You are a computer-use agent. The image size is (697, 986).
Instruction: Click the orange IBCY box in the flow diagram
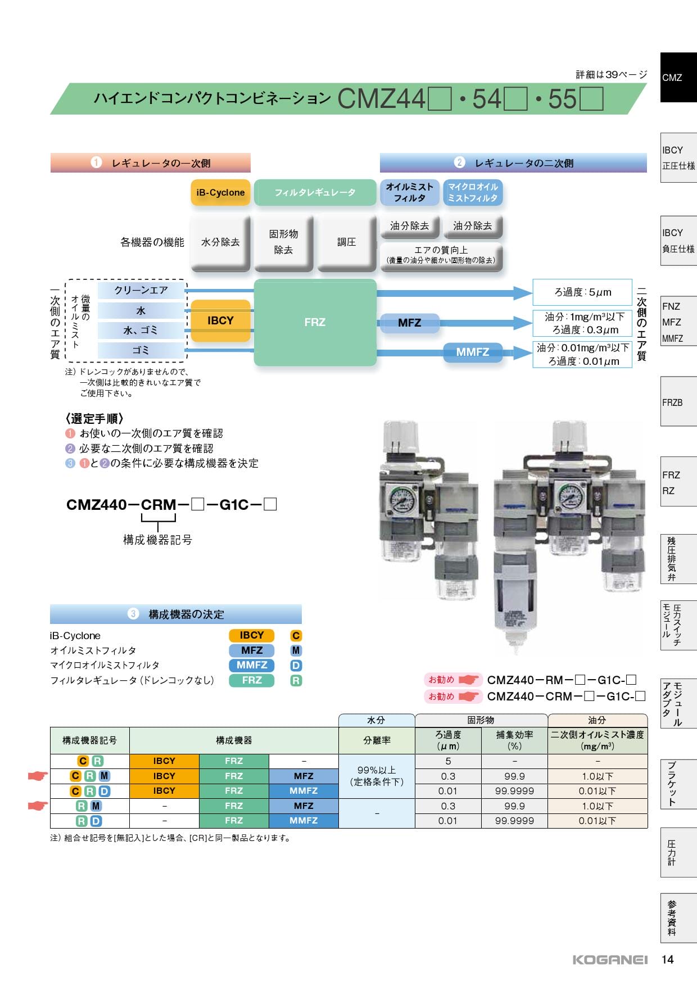pyautogui.click(x=220, y=320)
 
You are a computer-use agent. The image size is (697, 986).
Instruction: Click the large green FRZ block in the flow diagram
pyautogui.click(x=315, y=322)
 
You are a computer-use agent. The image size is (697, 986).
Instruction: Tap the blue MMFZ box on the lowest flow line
pyautogui.click(x=472, y=352)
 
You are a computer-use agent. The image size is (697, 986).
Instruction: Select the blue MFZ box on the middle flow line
pyautogui.click(x=409, y=323)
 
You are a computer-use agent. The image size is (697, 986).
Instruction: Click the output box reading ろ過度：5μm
pyautogui.click(x=582, y=292)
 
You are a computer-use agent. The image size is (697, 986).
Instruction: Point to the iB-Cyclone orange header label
pyautogui.click(x=220, y=192)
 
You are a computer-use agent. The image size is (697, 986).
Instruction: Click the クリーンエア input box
pyautogui.click(x=141, y=290)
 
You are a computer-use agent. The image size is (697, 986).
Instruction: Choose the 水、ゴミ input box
pyautogui.click(x=141, y=330)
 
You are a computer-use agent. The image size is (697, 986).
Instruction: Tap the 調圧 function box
pyautogui.click(x=346, y=242)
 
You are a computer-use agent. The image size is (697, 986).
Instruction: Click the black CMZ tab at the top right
pyautogui.click(x=678, y=78)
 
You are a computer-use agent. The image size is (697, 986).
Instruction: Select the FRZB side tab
pyautogui.click(x=678, y=402)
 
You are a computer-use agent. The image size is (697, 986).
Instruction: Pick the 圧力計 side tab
pyautogui.click(x=678, y=852)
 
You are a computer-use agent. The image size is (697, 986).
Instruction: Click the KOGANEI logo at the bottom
pyautogui.click(x=610, y=960)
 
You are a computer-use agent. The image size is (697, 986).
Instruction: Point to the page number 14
pyautogui.click(x=667, y=960)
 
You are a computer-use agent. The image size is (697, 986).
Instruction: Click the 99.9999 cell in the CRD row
pyautogui.click(x=514, y=791)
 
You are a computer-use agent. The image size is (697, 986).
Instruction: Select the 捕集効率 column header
pyautogui.click(x=514, y=740)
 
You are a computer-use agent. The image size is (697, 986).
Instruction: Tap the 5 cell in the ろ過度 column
pyautogui.click(x=448, y=761)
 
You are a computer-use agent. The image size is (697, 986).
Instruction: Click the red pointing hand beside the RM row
pyautogui.click(x=38, y=806)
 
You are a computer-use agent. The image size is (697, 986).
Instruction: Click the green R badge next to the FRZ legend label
pyautogui.click(x=296, y=680)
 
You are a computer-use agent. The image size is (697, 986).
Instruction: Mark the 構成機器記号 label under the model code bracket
pyautogui.click(x=157, y=540)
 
